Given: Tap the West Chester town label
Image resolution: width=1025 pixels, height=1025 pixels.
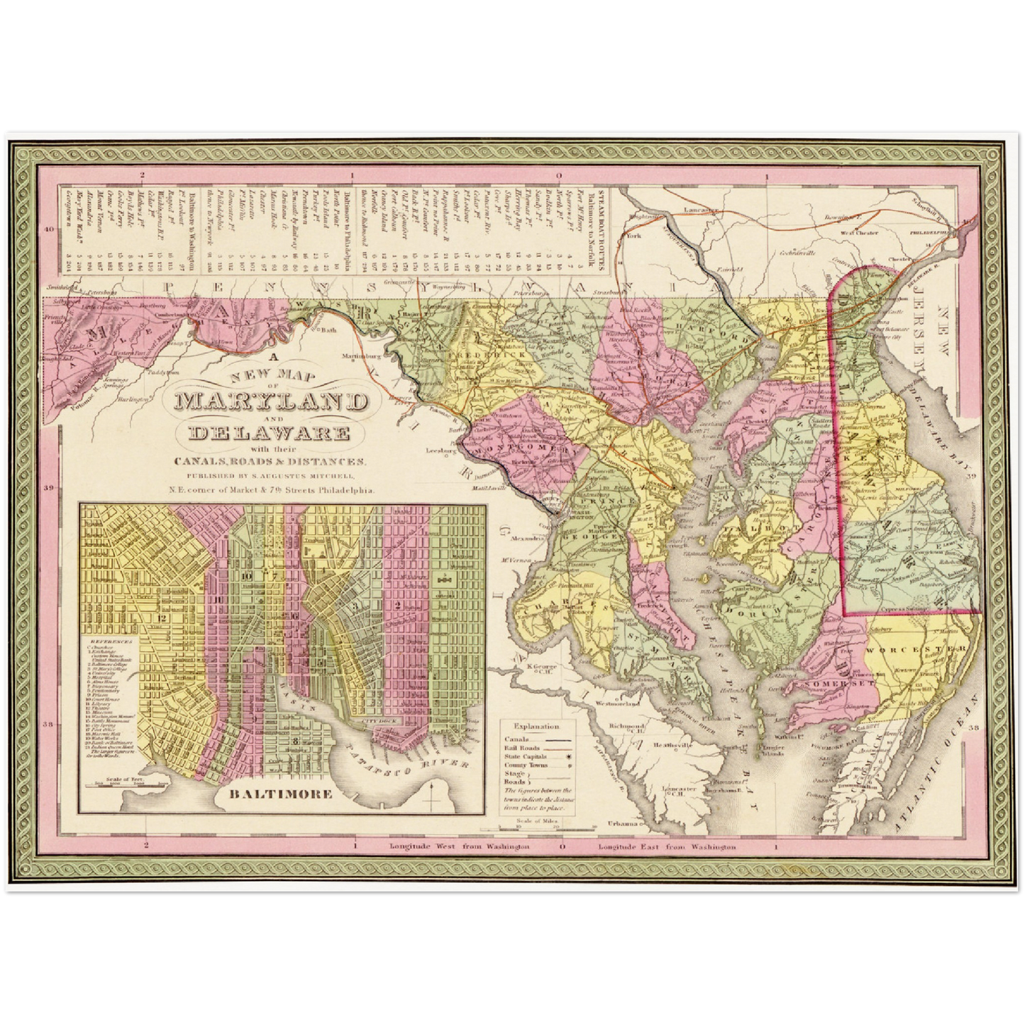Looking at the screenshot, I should (854, 232).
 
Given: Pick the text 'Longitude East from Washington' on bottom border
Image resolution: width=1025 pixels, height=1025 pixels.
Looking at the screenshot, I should (666, 847).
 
